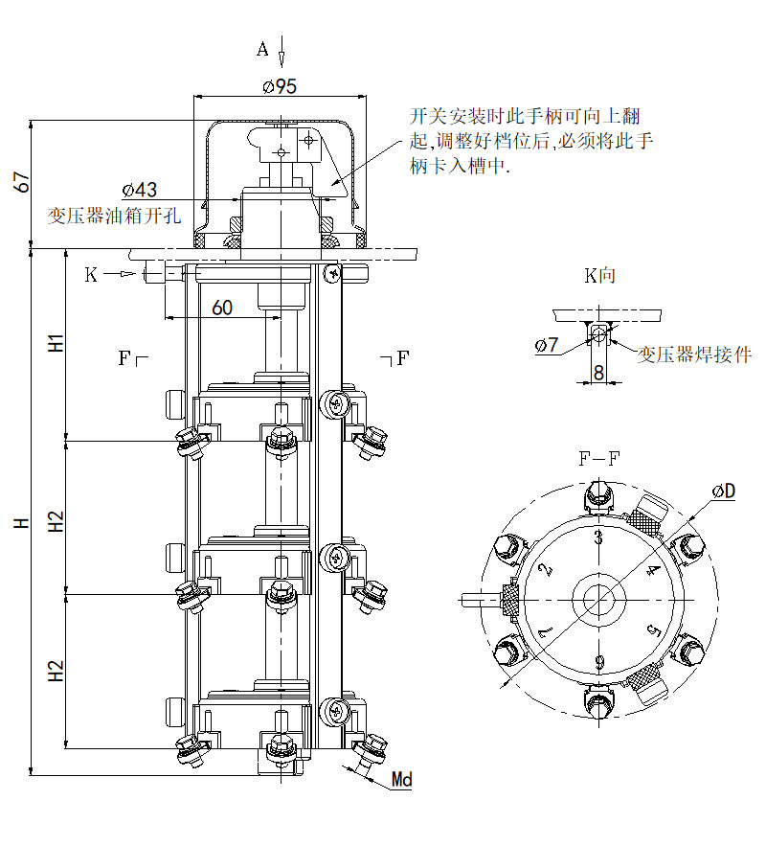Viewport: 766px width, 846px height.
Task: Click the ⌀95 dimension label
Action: click(x=279, y=86)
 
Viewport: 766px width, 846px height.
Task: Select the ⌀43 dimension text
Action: click(x=140, y=190)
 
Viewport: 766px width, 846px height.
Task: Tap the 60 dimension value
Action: click(x=221, y=308)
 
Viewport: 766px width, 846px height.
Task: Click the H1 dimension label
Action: click(x=56, y=342)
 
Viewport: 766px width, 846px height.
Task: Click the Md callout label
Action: click(x=402, y=780)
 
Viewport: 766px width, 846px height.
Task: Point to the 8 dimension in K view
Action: click(x=598, y=373)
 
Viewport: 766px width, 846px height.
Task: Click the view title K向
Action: click(x=600, y=276)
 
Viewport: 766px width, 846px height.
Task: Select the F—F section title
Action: click(x=598, y=458)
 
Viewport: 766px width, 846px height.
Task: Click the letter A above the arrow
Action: click(x=262, y=49)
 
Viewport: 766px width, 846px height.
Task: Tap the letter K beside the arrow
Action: click(x=91, y=275)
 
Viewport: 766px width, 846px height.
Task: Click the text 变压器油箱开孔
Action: click(x=113, y=215)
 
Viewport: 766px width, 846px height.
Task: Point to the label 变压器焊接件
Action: click(x=695, y=354)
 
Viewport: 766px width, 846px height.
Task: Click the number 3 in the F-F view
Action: click(x=598, y=537)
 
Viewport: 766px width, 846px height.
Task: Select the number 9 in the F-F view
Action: click(x=598, y=660)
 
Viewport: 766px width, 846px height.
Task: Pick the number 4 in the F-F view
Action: click(x=654, y=571)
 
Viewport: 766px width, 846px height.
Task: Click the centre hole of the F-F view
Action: click(x=598, y=600)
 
